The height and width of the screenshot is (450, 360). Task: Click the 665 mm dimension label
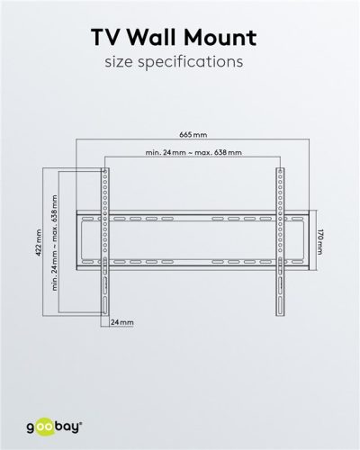pos(192,134)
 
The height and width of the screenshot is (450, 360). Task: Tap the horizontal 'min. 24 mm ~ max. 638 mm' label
pos(192,153)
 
